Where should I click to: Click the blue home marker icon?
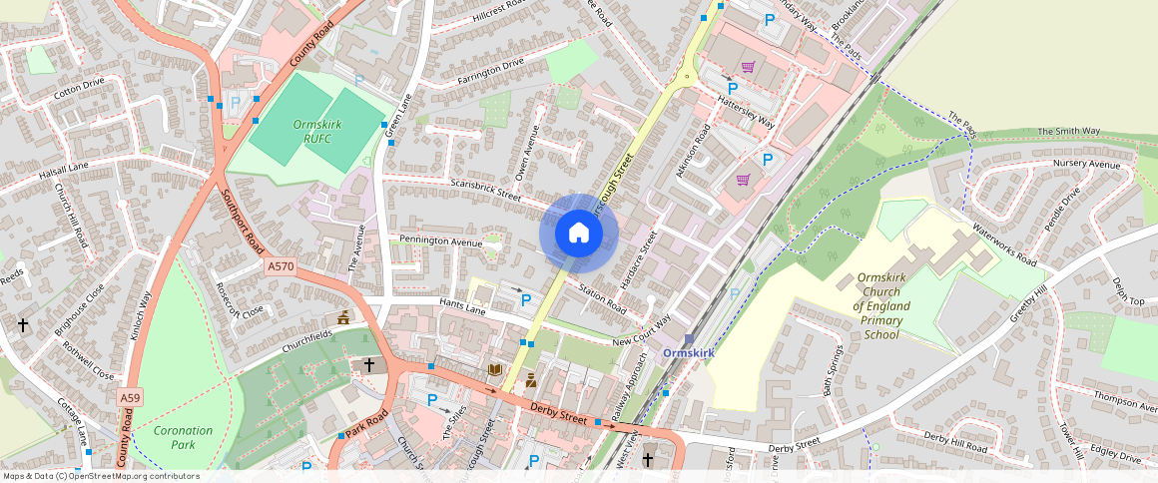(579, 234)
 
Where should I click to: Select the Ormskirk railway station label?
(689, 353)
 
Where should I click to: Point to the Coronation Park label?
(184, 437)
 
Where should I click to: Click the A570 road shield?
(281, 265)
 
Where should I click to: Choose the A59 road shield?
(130, 397)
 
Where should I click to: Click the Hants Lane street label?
(460, 305)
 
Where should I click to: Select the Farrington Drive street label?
(490, 71)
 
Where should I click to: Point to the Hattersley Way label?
(746, 115)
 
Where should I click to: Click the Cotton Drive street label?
(80, 84)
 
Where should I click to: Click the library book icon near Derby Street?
(494, 370)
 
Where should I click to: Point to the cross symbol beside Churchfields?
(368, 365)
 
